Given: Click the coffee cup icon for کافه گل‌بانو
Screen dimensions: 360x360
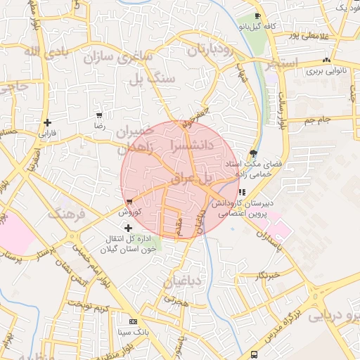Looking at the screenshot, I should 258,15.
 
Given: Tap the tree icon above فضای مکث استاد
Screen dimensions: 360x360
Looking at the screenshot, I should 253,152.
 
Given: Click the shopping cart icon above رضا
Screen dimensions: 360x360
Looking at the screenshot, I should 99,115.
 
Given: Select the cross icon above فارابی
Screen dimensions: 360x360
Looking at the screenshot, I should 47,122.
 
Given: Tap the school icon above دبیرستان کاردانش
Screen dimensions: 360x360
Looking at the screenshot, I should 243,191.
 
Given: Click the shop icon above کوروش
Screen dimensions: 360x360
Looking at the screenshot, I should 129,202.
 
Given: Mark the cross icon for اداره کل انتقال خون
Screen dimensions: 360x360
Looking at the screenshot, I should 128,228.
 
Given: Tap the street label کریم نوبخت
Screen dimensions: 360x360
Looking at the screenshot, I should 95,309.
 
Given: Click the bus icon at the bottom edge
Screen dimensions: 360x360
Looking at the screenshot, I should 254,354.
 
